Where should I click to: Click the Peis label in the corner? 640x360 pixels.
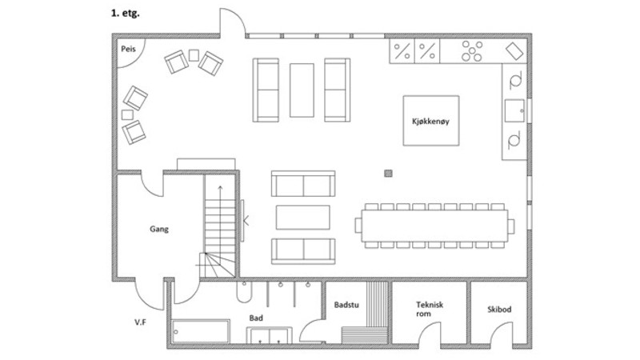pos(128,49)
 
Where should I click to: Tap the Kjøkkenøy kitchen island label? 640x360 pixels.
pos(430,122)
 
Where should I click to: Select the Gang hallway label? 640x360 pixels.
pos(158,229)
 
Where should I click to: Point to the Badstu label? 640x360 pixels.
pos(346,305)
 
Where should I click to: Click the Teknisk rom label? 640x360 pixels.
pos(429,309)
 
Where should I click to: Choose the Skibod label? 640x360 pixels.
pos(499,310)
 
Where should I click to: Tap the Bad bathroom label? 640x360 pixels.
pos(256,318)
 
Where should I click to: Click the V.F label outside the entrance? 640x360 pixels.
pos(141,322)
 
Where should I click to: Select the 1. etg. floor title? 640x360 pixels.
pos(126,13)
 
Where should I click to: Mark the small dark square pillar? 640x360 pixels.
pos(388,174)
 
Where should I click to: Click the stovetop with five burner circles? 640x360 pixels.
pos(472,51)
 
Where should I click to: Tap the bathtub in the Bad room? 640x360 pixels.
pos(201,331)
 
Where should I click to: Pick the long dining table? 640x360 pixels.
pos(434,226)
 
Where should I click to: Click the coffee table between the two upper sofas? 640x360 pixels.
pos(302,90)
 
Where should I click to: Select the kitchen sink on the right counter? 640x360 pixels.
pos(514,110)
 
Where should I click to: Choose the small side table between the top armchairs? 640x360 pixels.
pos(194,55)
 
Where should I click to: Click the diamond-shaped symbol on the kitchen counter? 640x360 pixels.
pos(514,51)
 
